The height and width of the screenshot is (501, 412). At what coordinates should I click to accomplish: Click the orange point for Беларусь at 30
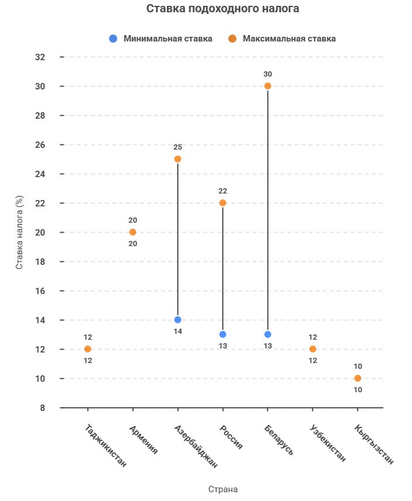[267, 86]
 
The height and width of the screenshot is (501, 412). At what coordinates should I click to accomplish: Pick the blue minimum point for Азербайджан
[178, 320]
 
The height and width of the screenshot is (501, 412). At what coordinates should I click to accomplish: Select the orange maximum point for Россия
[222, 203]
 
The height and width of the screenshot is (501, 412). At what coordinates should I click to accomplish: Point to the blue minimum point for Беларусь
[267, 334]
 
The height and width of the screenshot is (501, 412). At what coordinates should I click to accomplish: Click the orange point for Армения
[133, 232]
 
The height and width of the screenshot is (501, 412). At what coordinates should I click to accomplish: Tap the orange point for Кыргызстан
[358, 378]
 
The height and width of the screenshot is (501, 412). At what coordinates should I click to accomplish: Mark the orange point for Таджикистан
[88, 349]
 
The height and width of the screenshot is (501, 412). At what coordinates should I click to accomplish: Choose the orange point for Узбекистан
[313, 349]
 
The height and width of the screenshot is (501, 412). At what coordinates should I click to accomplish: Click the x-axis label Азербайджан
[197, 447]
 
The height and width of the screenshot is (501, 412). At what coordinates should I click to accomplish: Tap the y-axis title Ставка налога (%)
[19, 232]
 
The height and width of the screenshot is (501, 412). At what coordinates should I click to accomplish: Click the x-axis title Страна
[222, 489]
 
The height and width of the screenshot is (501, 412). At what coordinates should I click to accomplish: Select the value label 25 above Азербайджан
[178, 147]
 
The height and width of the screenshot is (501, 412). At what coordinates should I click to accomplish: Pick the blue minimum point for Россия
[222, 334]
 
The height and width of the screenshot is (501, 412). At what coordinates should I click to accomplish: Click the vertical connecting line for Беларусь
[267, 210]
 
